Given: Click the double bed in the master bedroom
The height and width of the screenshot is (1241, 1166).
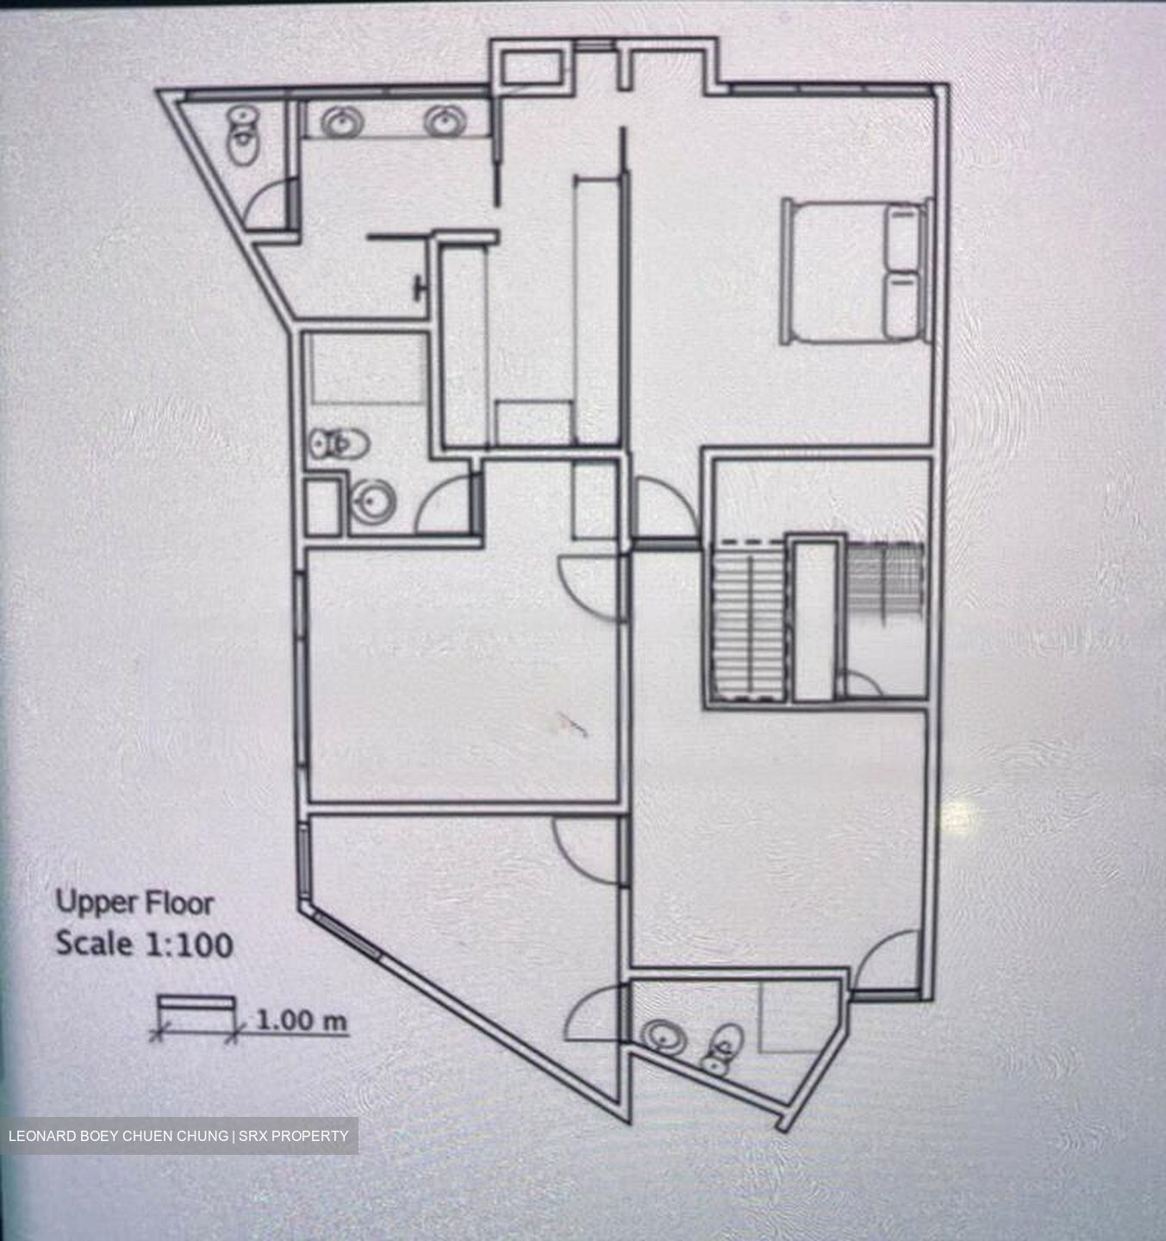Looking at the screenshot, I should pos(853,271).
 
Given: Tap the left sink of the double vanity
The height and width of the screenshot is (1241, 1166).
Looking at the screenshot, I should pos(341,123).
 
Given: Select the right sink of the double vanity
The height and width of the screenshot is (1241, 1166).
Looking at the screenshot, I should pos(446,122).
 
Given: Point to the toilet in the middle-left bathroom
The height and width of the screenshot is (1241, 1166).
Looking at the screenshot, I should pos(340,444).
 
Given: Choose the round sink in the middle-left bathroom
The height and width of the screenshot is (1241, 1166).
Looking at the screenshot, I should pos(375,501).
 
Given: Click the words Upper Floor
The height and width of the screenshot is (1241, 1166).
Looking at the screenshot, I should pos(134,903).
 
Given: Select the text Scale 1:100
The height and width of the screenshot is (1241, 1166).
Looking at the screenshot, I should pos(144,944).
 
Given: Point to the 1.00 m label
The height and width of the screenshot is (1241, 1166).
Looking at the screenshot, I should pos(302,1020).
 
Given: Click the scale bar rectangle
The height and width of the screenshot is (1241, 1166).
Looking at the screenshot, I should pos(196,1006).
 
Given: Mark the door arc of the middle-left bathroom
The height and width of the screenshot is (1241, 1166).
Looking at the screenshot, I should pos(443,508).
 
